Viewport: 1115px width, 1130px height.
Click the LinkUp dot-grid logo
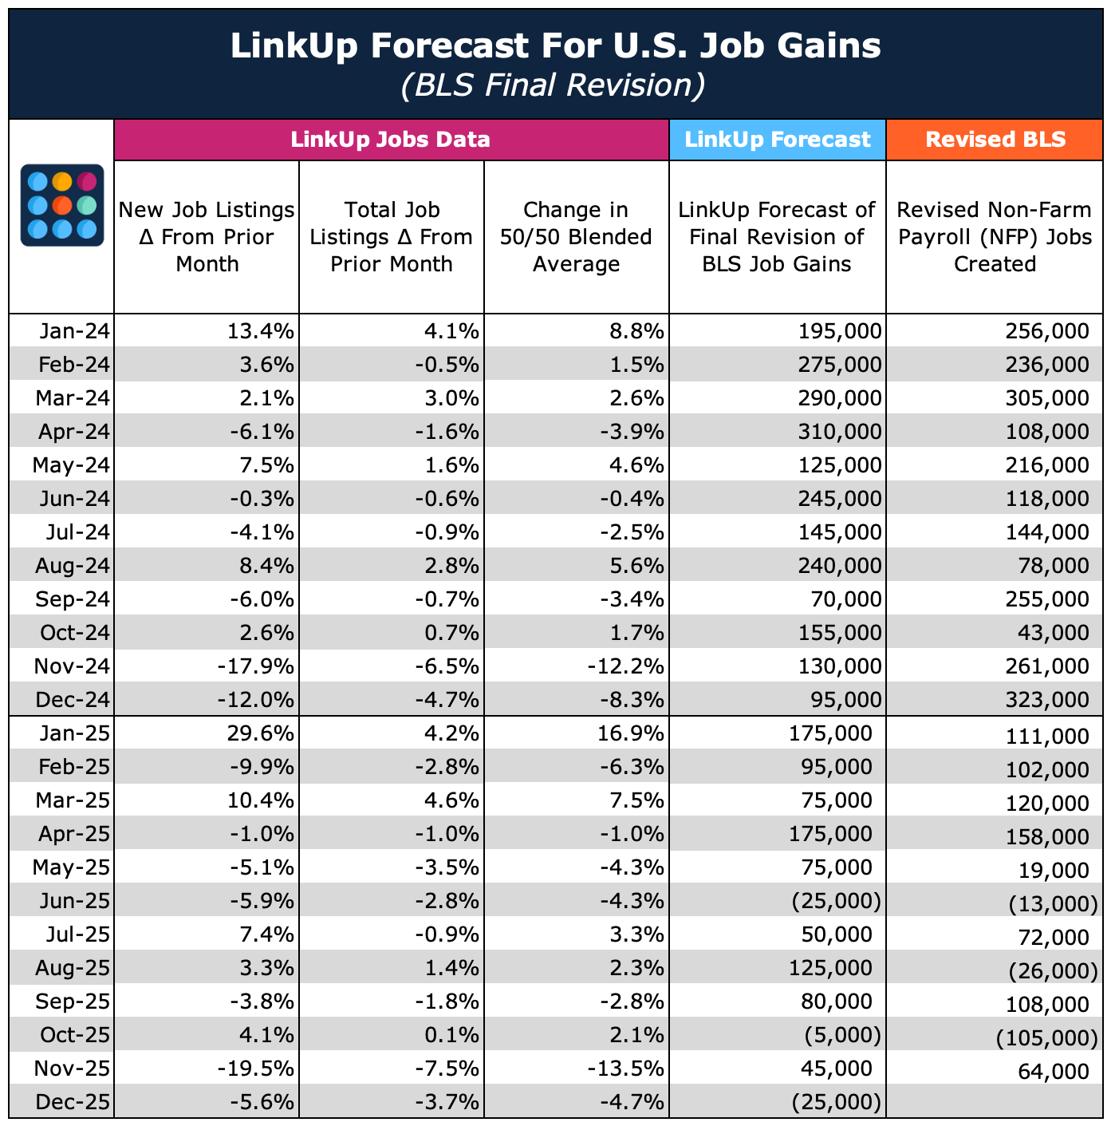[x=61, y=205]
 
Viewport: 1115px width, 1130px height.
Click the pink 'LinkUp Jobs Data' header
[x=391, y=140]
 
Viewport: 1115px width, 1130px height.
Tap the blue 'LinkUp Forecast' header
[x=778, y=140]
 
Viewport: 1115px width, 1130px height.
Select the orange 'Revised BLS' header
[x=995, y=140]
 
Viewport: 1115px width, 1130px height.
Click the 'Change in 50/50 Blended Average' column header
[x=576, y=237]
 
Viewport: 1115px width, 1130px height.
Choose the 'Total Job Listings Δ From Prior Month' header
[x=392, y=237]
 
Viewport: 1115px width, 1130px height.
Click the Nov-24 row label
[x=73, y=666]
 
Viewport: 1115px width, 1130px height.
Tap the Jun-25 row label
[x=73, y=901]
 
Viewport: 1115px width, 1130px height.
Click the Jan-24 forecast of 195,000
[x=840, y=331]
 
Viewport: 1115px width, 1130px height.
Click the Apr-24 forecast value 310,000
[x=840, y=432]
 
